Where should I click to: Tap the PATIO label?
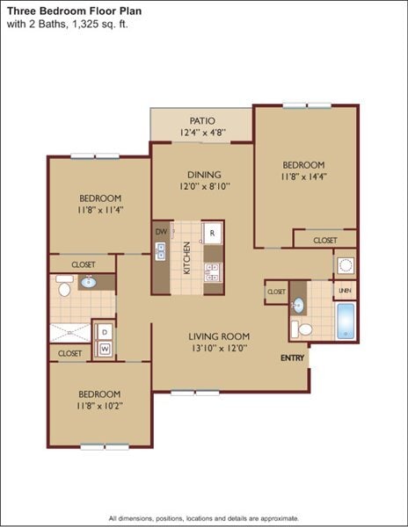203,120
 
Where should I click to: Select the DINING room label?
203,174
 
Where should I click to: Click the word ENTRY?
293,358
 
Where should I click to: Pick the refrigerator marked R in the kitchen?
212,233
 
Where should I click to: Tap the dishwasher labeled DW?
161,232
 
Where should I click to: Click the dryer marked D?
105,332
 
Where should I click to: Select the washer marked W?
105,349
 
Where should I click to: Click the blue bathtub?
346,321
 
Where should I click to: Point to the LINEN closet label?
345,290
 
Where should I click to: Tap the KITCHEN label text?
186,256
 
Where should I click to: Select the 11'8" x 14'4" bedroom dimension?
303,178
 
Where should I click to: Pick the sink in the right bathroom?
299,305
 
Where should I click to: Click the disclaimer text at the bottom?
203,518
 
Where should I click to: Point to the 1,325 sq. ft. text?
100,24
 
